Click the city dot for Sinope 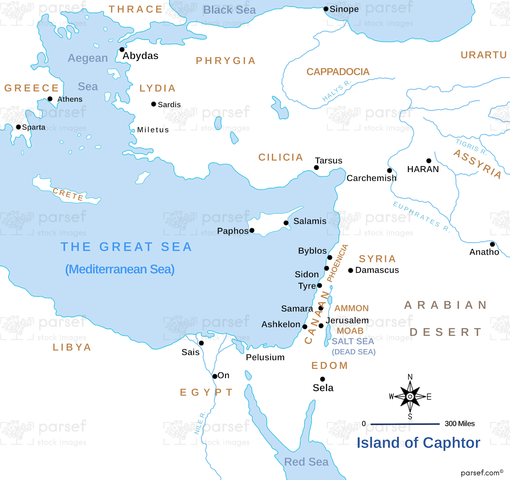(326, 9)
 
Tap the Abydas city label (140, 56)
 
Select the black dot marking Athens (50, 99)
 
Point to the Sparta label (33, 127)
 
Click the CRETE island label (68, 194)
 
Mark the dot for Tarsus (316, 168)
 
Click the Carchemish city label (371, 178)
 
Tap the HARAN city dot (429, 161)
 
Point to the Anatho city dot (492, 244)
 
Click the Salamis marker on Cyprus (286, 223)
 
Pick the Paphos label (233, 231)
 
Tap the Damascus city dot (351, 270)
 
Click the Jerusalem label (347, 320)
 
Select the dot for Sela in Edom (322, 379)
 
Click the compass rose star (410, 397)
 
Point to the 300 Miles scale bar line (405, 424)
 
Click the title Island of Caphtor (418, 443)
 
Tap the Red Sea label (306, 462)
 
